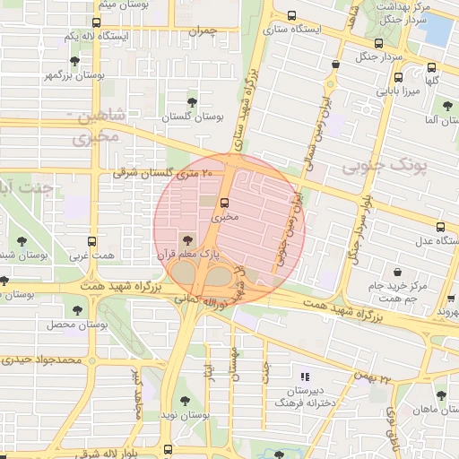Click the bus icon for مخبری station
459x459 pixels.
pyautogui.click(x=224, y=202)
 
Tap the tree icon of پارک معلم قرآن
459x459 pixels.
pyautogui.click(x=186, y=239)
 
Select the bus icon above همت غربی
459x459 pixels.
pyautogui.click(x=91, y=241)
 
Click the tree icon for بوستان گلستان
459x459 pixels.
pyautogui.click(x=191, y=101)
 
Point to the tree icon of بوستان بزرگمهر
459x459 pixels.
pyautogui.click(x=74, y=61)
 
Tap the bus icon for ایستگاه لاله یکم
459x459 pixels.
pyautogui.click(x=96, y=22)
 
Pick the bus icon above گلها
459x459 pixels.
pyautogui.click(x=431, y=67)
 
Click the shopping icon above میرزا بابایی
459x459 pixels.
pyautogui.click(x=393, y=76)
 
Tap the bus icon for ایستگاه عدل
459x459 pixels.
pyautogui.click(x=439, y=228)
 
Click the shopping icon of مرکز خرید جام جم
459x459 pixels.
pyautogui.click(x=395, y=272)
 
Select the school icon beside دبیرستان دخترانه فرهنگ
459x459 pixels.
pyautogui.click(x=305, y=377)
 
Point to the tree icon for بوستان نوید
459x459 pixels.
pyautogui.click(x=185, y=401)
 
